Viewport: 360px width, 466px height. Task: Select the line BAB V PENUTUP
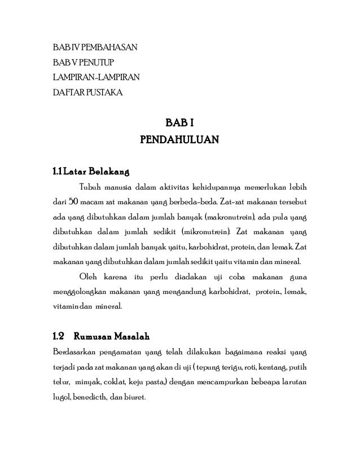click(x=82, y=61)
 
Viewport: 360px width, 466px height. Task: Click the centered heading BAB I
click(x=179, y=123)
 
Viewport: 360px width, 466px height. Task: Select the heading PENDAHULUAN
click(x=179, y=139)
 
